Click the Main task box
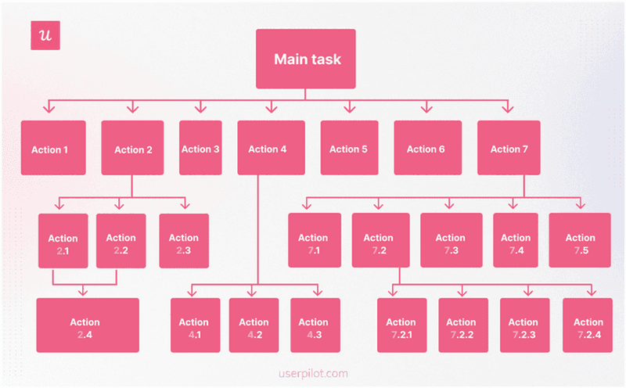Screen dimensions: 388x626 pos(307,59)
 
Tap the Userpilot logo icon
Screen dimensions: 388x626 pos(45,36)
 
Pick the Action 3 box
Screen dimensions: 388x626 pos(200,148)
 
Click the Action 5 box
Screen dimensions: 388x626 pos(348,148)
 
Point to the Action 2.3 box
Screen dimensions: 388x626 pos(184,241)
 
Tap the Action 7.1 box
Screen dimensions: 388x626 pos(314,241)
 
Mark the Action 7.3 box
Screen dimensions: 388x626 pos(451,241)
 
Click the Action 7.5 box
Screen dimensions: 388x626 pos(580,241)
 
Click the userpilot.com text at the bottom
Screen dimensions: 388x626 pos(312,373)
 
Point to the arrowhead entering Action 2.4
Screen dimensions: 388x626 pos(85,292)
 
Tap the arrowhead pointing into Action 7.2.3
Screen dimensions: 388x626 pos(523,292)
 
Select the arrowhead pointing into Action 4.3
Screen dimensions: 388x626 pos(317,292)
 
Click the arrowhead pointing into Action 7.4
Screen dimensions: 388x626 pos(514,205)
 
